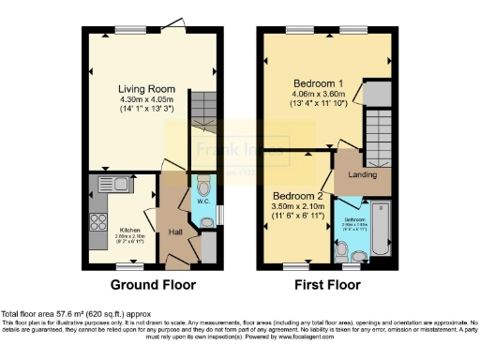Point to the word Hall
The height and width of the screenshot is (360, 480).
(x=175, y=232)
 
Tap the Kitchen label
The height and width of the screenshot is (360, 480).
(x=129, y=228)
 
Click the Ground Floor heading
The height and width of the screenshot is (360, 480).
(x=147, y=284)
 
